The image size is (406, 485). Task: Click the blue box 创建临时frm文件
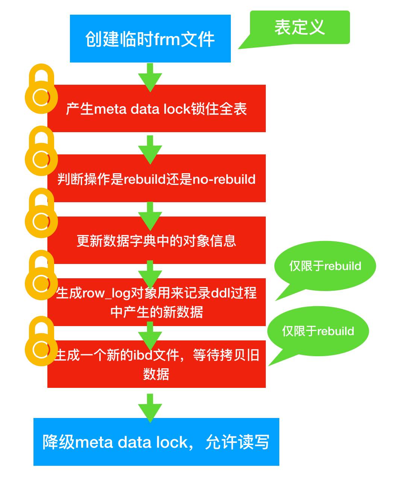(x=150, y=38)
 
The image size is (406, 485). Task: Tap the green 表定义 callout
(x=300, y=27)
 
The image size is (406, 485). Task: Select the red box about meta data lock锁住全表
(x=156, y=109)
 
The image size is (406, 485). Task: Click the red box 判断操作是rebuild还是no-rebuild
(x=156, y=178)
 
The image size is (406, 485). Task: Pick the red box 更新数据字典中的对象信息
(x=156, y=240)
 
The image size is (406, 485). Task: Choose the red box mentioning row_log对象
(x=156, y=302)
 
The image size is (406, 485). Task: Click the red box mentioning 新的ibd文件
(x=156, y=364)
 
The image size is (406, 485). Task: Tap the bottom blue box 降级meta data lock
(x=156, y=442)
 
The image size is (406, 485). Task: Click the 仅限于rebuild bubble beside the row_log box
(x=325, y=266)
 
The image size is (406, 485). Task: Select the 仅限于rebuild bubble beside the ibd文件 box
(x=318, y=331)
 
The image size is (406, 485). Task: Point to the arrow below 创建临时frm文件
(x=150, y=77)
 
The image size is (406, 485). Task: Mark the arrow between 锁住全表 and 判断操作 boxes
(x=150, y=148)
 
